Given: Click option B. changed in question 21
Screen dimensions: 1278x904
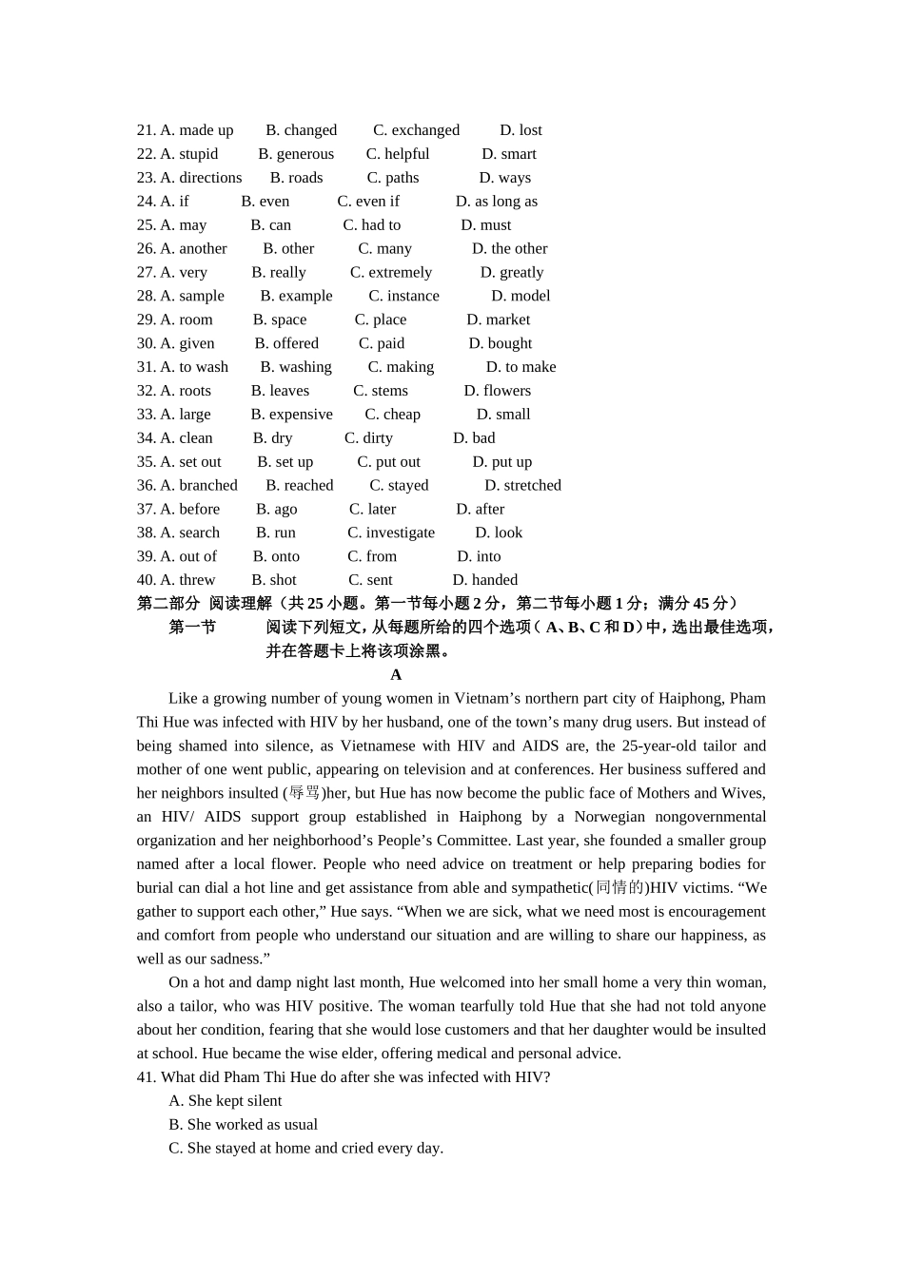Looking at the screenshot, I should tap(301, 130).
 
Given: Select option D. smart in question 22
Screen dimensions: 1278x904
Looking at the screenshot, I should tap(509, 154).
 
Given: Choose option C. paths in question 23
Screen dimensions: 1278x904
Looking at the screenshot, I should tap(393, 178).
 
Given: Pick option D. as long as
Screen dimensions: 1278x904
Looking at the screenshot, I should tap(497, 202).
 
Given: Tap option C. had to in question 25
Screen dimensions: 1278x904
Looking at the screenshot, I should tap(372, 225).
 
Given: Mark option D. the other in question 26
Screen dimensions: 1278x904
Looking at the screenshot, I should tap(510, 249).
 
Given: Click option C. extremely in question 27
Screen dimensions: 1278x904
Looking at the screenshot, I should tap(391, 273).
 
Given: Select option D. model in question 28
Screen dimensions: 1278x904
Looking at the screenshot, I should tap(521, 296).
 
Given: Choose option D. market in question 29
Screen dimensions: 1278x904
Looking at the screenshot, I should tap(499, 319).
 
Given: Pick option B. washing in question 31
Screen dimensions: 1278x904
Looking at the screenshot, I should tap(296, 367).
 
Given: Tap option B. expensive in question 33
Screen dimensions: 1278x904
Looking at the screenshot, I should tap(292, 415).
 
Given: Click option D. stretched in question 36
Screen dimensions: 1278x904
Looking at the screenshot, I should tap(523, 485).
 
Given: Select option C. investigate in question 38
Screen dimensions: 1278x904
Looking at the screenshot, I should tap(391, 532).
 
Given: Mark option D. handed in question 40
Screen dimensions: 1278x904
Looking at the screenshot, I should tap(485, 580).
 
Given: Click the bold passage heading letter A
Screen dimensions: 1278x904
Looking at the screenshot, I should tap(396, 675).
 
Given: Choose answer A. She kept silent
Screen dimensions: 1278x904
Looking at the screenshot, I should tap(226, 1101).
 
